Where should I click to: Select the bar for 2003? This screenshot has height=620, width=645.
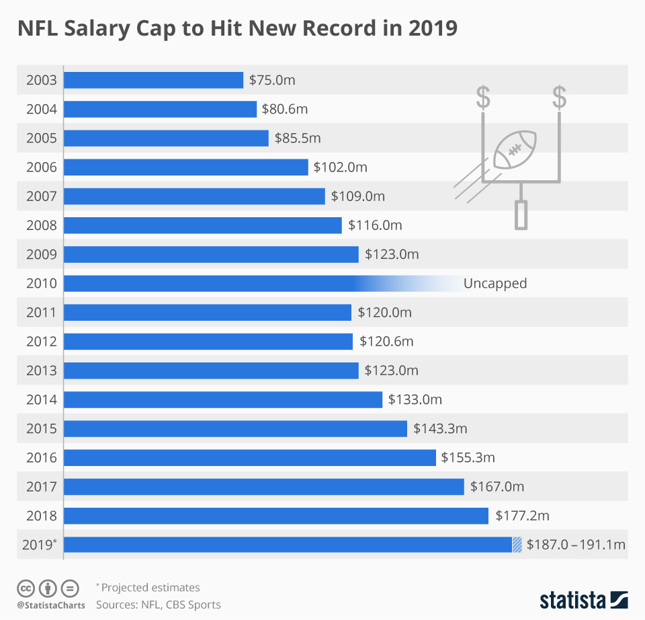tap(153, 80)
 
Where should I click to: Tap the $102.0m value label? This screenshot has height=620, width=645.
tap(340, 167)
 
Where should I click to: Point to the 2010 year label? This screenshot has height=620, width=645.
tap(41, 283)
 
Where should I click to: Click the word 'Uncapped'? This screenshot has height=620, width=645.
tap(494, 283)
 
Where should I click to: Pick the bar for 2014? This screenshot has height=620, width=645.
tap(222, 399)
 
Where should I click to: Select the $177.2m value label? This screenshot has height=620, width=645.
tap(522, 516)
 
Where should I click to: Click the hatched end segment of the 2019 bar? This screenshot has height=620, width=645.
tap(517, 545)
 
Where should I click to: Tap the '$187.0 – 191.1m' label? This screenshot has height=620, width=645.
tap(576, 545)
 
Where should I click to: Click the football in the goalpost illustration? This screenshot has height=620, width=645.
tap(515, 149)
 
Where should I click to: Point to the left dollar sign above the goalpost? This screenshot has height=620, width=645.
tap(482, 97)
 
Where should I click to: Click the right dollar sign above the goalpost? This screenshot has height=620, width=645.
tap(559, 97)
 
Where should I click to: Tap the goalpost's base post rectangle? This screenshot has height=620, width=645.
tap(521, 215)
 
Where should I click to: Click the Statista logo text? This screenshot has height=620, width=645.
tap(572, 599)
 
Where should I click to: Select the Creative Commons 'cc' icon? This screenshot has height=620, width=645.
tap(26, 588)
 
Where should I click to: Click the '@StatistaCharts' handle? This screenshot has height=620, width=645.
tap(51, 605)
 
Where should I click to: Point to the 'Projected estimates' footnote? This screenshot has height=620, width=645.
tap(150, 588)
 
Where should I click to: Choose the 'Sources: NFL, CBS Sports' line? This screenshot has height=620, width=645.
tap(158, 605)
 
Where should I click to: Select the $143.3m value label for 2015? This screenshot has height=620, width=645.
tap(440, 428)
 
